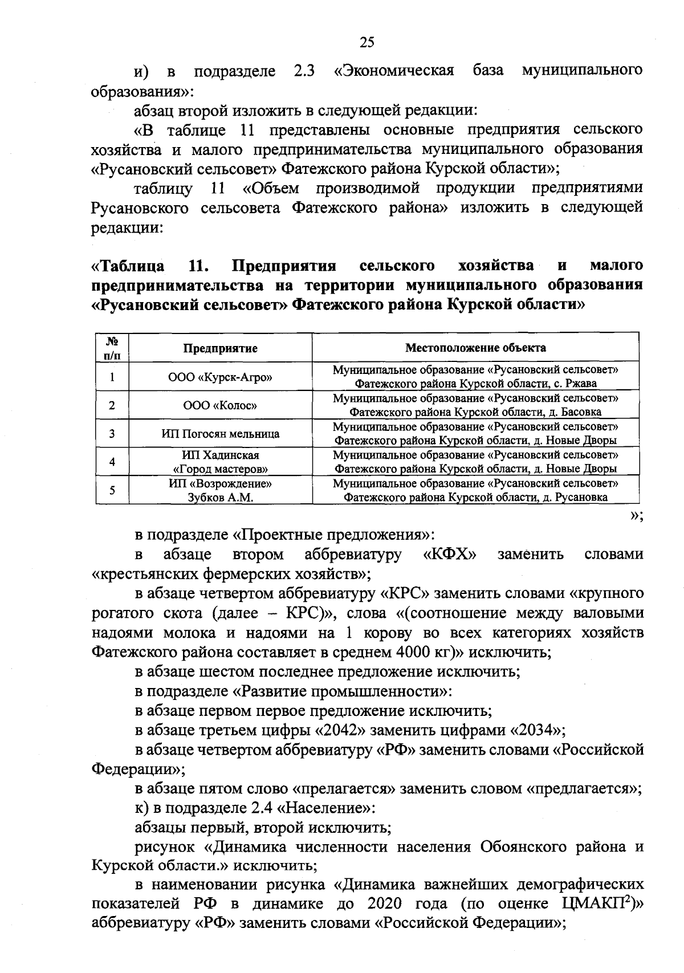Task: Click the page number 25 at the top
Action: [367, 42]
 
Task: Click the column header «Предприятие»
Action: [220, 348]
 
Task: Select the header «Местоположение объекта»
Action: [475, 348]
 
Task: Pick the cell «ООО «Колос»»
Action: [220, 405]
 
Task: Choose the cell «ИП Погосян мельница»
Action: [220, 434]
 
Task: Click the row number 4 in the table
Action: [112, 462]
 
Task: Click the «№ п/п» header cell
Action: [112, 348]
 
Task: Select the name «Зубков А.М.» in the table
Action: [220, 497]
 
